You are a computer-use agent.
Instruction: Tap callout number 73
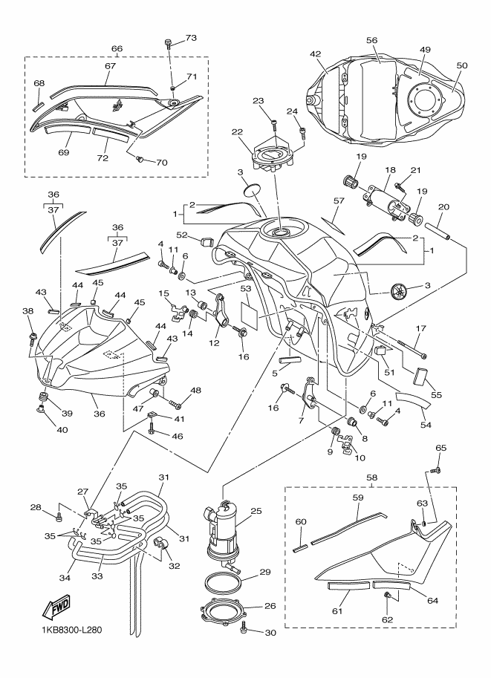pyautogui.click(x=190, y=37)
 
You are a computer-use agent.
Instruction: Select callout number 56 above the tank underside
pyautogui.click(x=372, y=41)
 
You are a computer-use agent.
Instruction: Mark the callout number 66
pyautogui.click(x=117, y=49)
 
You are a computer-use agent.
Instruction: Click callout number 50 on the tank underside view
pyautogui.click(x=462, y=65)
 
